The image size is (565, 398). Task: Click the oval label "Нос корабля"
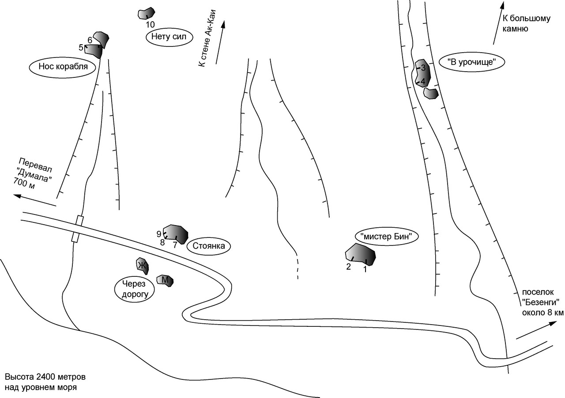(63, 67)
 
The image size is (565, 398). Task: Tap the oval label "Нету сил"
(169, 38)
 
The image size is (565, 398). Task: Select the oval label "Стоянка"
(209, 246)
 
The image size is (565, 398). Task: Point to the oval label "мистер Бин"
(386, 237)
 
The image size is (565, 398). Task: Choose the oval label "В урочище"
(472, 62)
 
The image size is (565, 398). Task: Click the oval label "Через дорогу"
(135, 289)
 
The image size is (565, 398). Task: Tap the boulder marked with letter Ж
(143, 266)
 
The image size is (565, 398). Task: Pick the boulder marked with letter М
(165, 280)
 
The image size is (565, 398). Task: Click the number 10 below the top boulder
(150, 24)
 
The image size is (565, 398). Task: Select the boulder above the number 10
(146, 13)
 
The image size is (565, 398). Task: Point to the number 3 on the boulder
(423, 68)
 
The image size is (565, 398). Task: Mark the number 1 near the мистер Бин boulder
(365, 269)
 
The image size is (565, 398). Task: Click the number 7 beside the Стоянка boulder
(175, 245)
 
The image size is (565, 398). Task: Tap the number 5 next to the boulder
(81, 47)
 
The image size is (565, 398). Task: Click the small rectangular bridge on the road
(77, 229)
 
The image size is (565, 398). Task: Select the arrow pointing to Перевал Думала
(35, 200)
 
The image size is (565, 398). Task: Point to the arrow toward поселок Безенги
(536, 330)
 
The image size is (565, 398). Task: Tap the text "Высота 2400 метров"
(45, 377)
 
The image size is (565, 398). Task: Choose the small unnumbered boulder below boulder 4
(431, 93)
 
